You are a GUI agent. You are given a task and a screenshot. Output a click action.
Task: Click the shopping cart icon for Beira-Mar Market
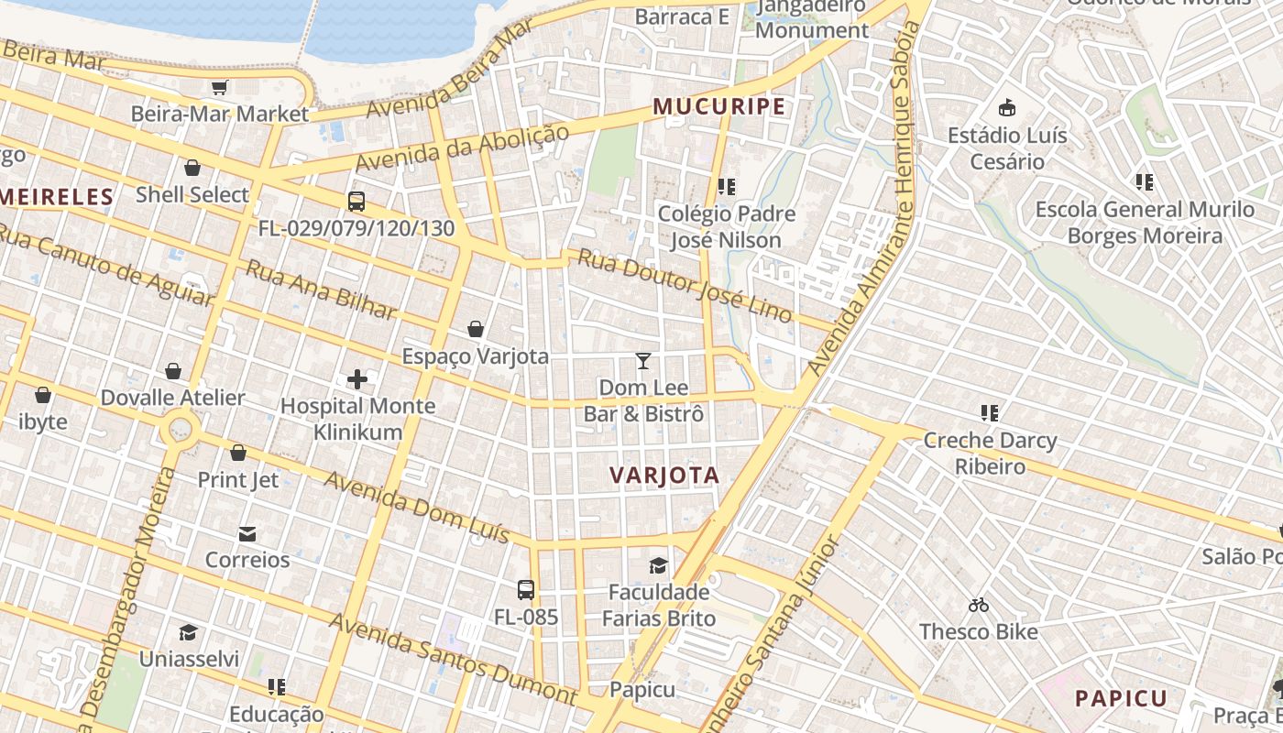[x=219, y=88]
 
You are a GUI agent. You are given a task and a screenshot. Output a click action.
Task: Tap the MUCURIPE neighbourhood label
[x=719, y=106]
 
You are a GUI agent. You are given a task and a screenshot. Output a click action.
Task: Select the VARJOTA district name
[x=664, y=475]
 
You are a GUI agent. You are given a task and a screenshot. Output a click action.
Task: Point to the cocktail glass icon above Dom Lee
[x=643, y=361]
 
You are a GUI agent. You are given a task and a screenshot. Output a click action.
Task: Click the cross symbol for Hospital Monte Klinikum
[x=357, y=378]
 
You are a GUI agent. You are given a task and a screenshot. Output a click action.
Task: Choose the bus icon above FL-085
[x=526, y=590]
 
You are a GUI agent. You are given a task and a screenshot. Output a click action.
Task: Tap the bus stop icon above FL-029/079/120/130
[x=356, y=202]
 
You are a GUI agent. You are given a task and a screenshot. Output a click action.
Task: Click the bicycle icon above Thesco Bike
[x=978, y=605]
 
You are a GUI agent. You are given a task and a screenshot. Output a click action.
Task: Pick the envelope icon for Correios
[x=247, y=533]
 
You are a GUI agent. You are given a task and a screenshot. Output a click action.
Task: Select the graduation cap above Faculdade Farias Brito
[x=658, y=564]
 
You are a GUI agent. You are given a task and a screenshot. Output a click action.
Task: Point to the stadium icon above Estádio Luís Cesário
[x=1007, y=108]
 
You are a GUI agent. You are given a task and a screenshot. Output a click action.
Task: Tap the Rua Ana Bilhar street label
[x=322, y=290]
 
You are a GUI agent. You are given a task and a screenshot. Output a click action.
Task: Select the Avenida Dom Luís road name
[x=416, y=507]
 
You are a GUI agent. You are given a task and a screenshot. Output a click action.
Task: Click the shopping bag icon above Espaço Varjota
[x=476, y=329]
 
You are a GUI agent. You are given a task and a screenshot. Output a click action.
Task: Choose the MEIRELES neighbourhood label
[x=57, y=196]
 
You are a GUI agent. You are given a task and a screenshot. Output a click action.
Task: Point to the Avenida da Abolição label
[x=462, y=148]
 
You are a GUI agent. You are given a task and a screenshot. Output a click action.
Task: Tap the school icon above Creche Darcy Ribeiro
[x=989, y=413]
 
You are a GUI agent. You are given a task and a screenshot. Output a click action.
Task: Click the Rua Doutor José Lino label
[x=684, y=284]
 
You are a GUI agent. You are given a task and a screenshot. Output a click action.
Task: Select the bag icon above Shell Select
[x=192, y=168]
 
